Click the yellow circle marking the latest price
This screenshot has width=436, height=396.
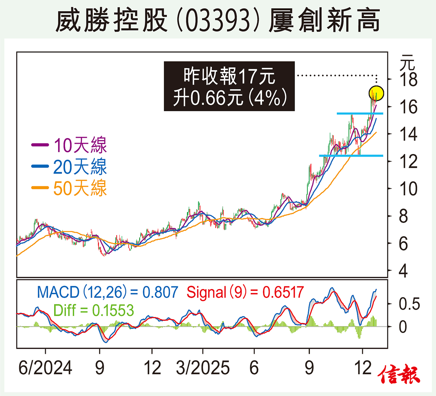pyautogui.click(x=376, y=93)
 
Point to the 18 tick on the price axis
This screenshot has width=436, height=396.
pyautogui.click(x=408, y=80)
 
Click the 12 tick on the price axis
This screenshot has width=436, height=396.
pyautogui.click(x=408, y=161)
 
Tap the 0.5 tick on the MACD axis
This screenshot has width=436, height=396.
pyautogui.click(x=409, y=304)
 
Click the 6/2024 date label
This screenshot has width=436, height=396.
pyautogui.click(x=45, y=368)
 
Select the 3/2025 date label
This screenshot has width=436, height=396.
pyautogui.click(x=203, y=368)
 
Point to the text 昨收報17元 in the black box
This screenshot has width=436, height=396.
pyautogui.click(x=229, y=76)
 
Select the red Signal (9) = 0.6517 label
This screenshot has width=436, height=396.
pyautogui.click(x=245, y=292)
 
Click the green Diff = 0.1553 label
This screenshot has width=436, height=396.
pyautogui.click(x=93, y=311)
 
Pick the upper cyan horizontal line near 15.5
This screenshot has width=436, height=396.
pyautogui.click(x=360, y=113)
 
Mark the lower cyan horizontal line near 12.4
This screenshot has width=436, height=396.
pyautogui.click(x=351, y=156)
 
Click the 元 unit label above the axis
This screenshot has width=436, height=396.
pyautogui.click(x=407, y=63)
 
